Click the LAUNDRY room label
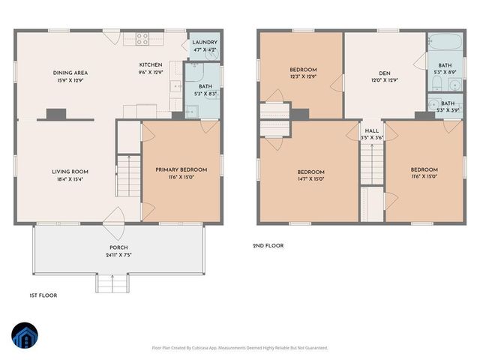204,43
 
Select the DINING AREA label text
67,72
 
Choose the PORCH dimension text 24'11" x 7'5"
118,255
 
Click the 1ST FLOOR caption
43,295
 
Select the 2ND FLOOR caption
268,245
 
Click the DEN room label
384,73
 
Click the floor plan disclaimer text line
240,348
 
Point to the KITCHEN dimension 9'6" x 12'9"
151,73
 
